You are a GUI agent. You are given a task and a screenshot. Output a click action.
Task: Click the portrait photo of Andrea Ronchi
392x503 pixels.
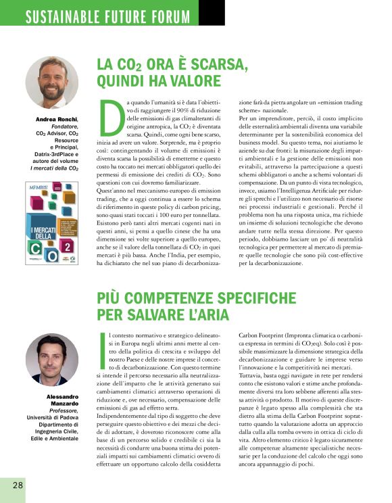point(52,82)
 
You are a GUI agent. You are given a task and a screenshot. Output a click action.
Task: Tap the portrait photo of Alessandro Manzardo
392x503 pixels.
point(52,360)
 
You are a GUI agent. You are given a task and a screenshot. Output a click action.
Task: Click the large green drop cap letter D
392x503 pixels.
point(112,117)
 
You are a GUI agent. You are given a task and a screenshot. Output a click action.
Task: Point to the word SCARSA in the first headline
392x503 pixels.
point(210,64)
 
